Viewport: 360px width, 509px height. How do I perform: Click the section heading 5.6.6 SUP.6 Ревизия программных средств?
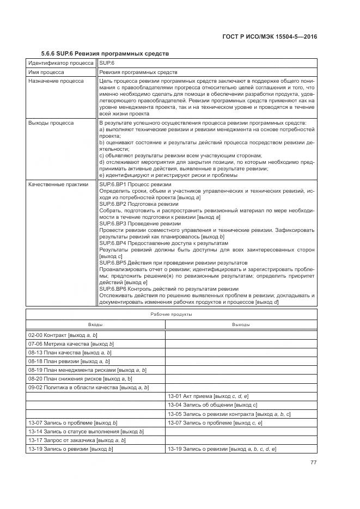click(x=105, y=53)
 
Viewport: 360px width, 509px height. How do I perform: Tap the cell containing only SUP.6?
click(x=106, y=63)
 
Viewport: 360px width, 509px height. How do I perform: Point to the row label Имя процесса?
click(x=46, y=72)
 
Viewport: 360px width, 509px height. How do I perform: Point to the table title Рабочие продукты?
click(x=171, y=315)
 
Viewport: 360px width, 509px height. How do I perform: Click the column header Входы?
click(x=95, y=324)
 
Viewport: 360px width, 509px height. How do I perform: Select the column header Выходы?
click(x=241, y=324)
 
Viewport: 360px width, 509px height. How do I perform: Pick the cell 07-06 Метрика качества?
click(x=71, y=344)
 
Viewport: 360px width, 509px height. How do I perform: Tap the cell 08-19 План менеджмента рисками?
click(x=87, y=370)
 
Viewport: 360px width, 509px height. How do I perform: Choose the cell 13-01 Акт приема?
click(x=208, y=396)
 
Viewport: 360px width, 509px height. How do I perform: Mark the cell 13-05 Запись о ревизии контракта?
click(x=229, y=414)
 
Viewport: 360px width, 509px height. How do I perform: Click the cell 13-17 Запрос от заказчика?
click(x=77, y=440)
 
